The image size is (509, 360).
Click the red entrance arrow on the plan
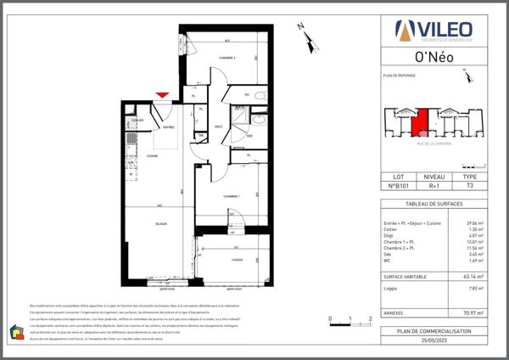coord(162,95)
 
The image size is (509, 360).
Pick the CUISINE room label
coord(153,157)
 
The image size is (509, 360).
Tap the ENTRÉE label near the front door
coord(168,127)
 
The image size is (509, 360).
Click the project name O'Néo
coord(433,59)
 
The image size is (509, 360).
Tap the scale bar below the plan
coord(350,320)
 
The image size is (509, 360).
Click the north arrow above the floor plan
coord(305,36)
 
